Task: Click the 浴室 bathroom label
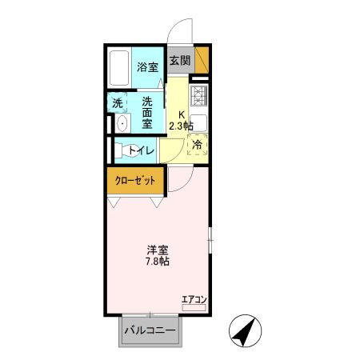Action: coord(147,68)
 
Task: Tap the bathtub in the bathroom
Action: coord(122,70)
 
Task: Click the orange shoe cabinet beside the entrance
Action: coord(203,61)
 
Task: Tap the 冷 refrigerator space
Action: coord(198,146)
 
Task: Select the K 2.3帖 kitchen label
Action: coord(180,120)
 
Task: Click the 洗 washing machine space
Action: coord(118,103)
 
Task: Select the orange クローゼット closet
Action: coord(136,180)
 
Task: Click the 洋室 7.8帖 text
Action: coord(156,254)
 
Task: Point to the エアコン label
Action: coord(194,300)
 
